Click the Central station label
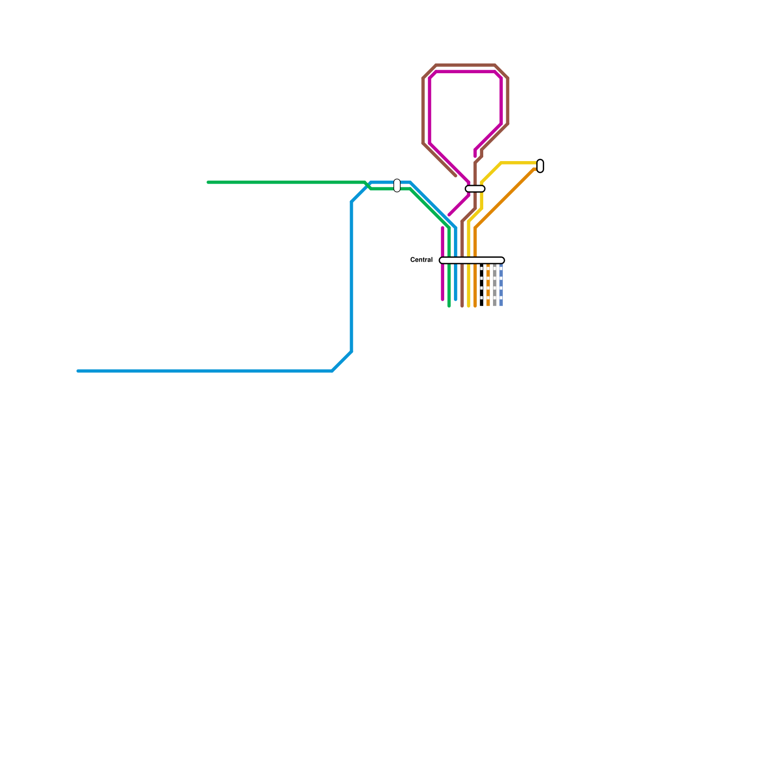[421, 260]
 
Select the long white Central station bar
[472, 260]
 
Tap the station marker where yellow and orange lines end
[540, 166]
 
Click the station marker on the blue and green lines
[397, 185]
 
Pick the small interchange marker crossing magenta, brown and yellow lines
[475, 189]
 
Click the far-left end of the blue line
[79, 371]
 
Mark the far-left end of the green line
[208, 183]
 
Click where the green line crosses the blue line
[368, 185]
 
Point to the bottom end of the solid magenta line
[443, 299]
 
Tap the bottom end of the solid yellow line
[469, 306]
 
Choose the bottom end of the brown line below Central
[462, 306]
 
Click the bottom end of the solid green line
[449, 306]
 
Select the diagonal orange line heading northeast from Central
[505, 198]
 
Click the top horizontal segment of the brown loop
[465, 65]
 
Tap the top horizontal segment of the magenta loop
[465, 72]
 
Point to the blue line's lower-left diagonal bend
[342, 361]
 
